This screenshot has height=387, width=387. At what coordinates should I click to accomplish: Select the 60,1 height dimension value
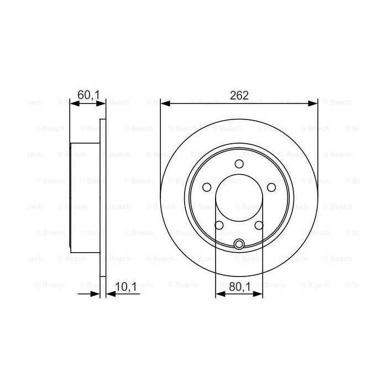(88, 94)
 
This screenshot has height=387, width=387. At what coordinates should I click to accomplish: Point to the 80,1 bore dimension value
(239, 286)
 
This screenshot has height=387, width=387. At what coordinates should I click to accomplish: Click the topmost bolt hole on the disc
(239, 164)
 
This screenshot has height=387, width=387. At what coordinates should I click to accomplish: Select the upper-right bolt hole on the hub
(271, 187)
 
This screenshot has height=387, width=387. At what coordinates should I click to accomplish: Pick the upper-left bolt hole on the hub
(206, 187)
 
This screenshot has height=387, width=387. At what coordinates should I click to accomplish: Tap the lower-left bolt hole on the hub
(219, 225)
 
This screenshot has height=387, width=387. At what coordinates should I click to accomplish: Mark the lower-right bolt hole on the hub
(259, 225)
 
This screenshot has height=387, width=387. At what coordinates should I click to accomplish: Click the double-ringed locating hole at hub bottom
(239, 245)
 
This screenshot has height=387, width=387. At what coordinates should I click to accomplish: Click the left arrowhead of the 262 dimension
(164, 103)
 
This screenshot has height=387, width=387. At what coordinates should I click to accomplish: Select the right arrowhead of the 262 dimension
(313, 103)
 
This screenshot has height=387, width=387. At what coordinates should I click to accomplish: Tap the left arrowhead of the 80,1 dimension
(219, 295)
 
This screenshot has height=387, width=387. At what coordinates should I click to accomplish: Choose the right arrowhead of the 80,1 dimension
(259, 295)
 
